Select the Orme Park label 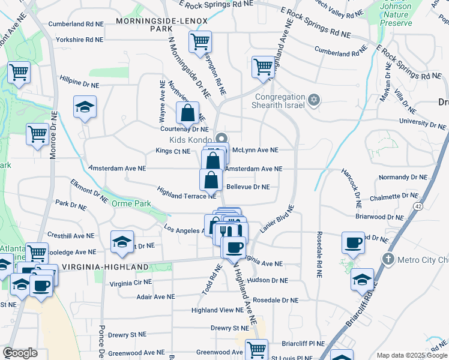tap(132, 203)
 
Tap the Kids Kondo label tap(187, 139)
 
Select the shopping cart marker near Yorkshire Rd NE tap(199, 42)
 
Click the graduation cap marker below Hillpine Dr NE tap(85, 107)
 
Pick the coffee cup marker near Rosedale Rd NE tap(353, 243)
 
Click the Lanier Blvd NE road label tap(277, 220)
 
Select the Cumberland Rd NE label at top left tap(76, 25)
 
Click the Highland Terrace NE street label tap(186, 192)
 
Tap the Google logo tap(20, 353)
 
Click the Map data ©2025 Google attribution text tap(411, 355)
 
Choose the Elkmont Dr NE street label tap(89, 190)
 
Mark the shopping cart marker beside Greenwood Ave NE tap(256, 348)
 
